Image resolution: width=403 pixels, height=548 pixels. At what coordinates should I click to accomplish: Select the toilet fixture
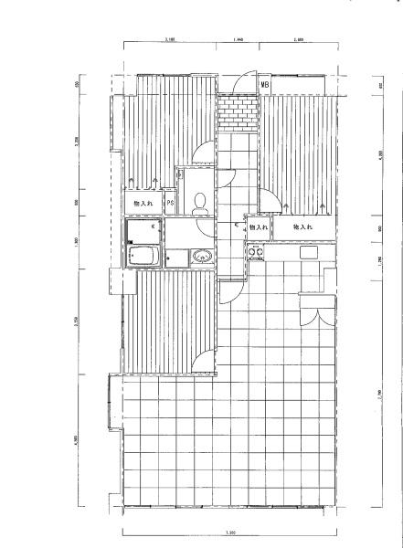coord(200,203)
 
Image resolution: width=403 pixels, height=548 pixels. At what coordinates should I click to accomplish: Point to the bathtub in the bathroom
coord(143,256)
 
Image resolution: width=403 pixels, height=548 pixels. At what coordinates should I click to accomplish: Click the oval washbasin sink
coord(202,257)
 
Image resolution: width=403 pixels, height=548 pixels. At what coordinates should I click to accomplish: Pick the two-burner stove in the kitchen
coord(255,251)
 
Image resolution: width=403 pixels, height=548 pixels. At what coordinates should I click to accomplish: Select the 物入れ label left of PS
coord(143,202)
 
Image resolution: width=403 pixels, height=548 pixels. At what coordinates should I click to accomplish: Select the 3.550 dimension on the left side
coord(77,319)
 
